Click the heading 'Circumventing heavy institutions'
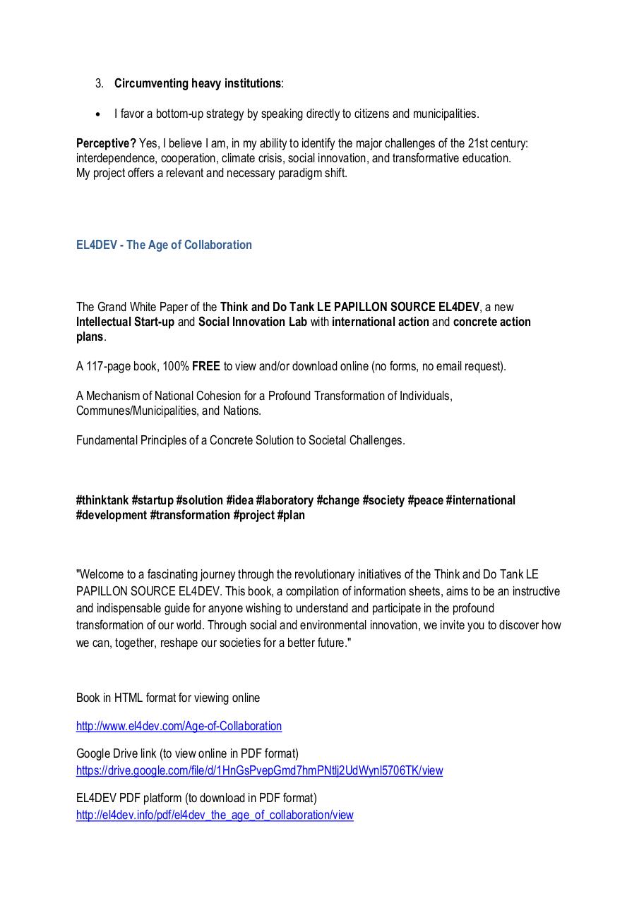[x=198, y=83]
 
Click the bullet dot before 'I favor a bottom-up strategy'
[x=98, y=114]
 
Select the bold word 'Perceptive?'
[x=106, y=143]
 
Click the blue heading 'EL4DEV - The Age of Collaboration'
[x=164, y=245]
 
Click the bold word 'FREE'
[x=206, y=366]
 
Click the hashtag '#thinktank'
[x=102, y=500]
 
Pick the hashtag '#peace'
[x=426, y=500]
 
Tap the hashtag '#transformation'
[x=190, y=515]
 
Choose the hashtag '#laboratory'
[x=285, y=500]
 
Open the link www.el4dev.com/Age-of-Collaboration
[x=179, y=726]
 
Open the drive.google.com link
[x=259, y=770]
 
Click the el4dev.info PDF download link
[x=215, y=815]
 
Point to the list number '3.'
[x=100, y=83]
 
